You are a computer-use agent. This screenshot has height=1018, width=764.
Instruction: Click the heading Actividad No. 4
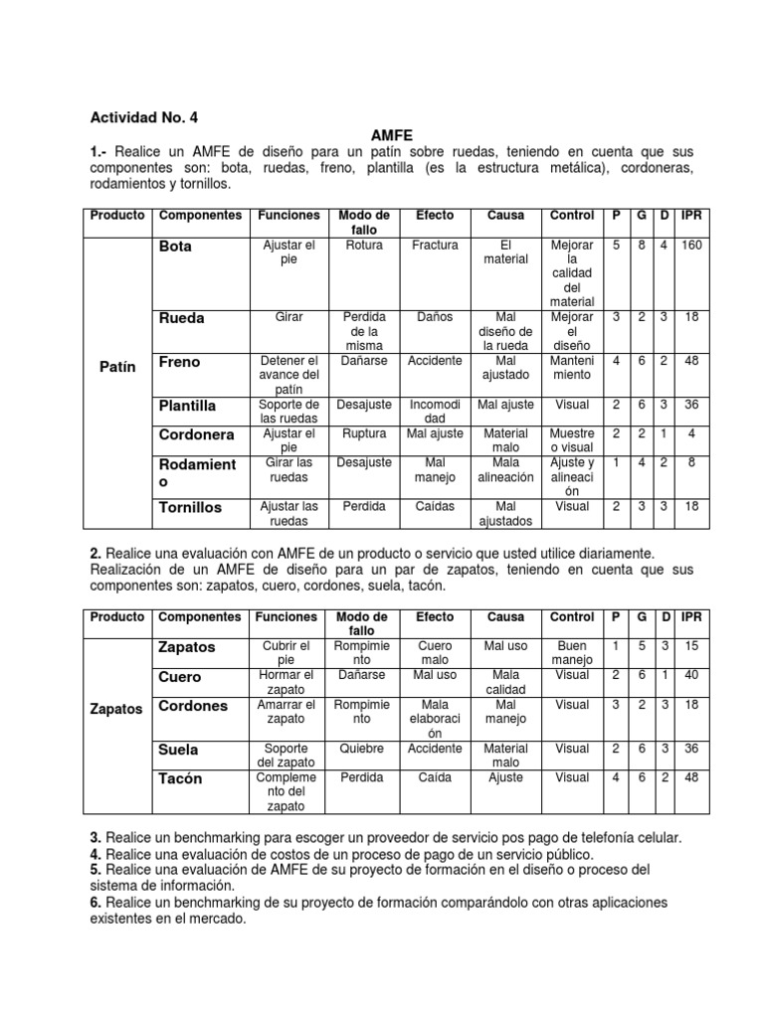[x=144, y=117]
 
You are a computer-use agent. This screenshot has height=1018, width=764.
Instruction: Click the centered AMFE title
[x=391, y=134]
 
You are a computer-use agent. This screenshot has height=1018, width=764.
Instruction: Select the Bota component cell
[x=175, y=246]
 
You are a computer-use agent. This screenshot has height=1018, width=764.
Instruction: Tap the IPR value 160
[x=691, y=245]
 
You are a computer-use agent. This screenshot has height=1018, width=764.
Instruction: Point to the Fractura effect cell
[x=435, y=245]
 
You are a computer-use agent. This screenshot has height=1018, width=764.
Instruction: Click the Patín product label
[x=117, y=366]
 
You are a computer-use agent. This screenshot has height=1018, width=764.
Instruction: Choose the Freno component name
[x=179, y=362]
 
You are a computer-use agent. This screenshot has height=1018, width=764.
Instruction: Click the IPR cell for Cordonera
[x=691, y=434]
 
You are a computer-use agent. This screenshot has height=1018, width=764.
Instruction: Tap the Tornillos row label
[x=190, y=507]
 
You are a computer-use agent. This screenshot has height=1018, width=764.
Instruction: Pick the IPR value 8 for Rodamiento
[x=691, y=463]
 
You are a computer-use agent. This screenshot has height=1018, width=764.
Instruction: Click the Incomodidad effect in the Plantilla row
[x=435, y=412]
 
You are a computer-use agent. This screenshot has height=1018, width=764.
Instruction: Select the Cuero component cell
[x=179, y=676]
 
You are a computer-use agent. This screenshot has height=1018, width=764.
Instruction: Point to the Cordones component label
[x=193, y=706]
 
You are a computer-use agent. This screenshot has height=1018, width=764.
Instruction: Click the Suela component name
[x=178, y=750]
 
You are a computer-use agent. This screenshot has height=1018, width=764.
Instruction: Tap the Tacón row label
[x=180, y=778]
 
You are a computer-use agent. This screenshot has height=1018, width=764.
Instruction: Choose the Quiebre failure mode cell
[x=362, y=749]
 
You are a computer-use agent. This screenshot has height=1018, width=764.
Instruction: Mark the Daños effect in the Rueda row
[x=435, y=317]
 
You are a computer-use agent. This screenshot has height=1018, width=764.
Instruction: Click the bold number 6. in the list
[x=96, y=902]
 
